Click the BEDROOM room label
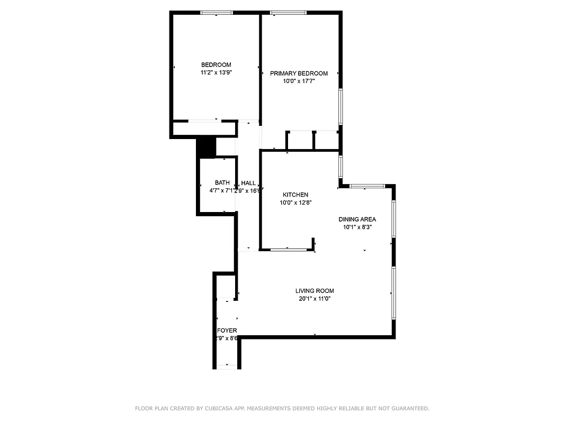216,65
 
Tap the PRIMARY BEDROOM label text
299,73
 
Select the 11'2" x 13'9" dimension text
216,73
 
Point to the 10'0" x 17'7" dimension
299,81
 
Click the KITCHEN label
295,195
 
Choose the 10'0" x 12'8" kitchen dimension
295,203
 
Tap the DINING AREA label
357,219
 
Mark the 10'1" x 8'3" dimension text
357,227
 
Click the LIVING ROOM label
315,291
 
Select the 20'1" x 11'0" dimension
315,299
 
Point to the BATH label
222,183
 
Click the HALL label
248,183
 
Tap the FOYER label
227,330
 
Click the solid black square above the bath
206,148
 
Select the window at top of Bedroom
216,12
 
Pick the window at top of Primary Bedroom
288,12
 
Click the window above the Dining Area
366,186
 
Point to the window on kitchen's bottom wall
288,249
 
